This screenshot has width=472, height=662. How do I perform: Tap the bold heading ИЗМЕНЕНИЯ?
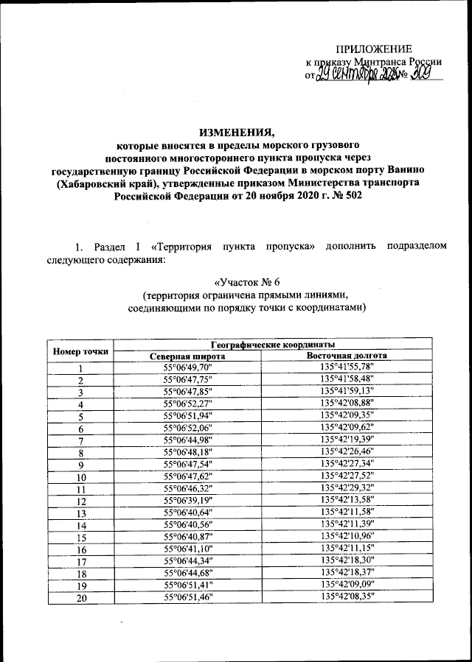(x=235, y=133)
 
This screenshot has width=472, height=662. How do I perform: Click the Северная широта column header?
(x=187, y=356)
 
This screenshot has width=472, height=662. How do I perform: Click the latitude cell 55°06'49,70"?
(x=187, y=367)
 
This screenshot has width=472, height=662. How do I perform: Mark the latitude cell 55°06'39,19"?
(x=187, y=500)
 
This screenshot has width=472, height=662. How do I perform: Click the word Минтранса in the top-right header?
(x=379, y=62)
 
